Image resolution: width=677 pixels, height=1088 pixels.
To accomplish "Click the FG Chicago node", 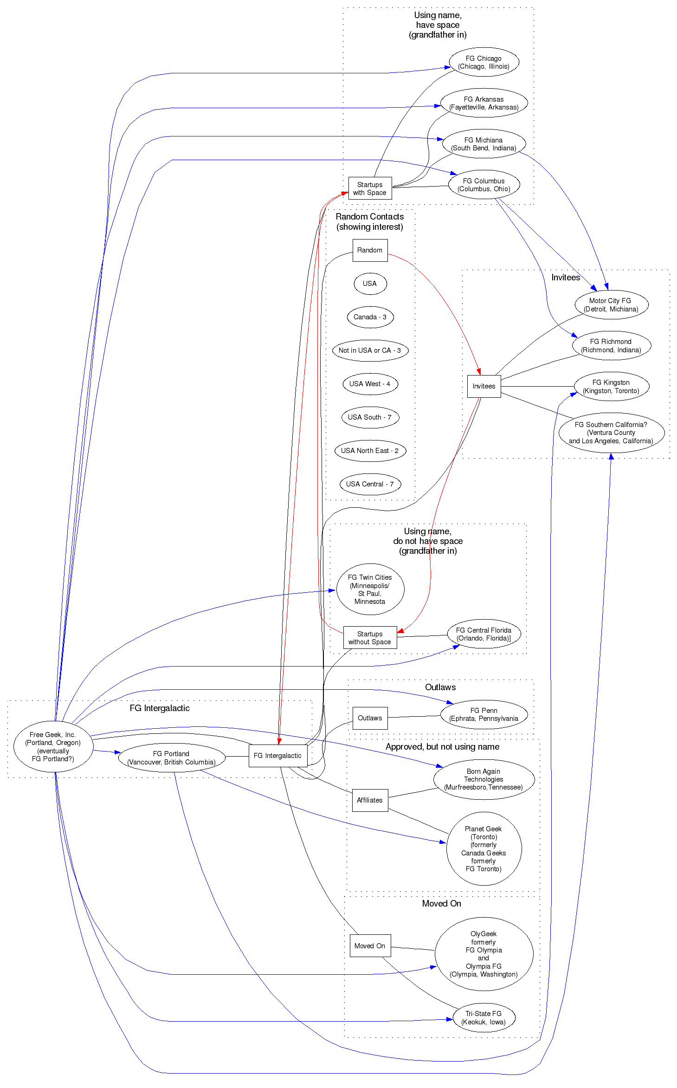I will tap(484, 62).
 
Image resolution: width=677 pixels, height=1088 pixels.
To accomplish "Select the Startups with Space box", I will tap(370, 188).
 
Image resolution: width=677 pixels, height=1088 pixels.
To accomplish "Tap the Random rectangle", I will tap(370, 250).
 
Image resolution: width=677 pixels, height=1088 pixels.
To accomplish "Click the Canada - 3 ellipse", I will tap(370, 317).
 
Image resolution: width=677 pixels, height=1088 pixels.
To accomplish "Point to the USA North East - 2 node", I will tap(370, 451).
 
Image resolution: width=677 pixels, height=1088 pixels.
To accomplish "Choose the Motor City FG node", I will tap(611, 305).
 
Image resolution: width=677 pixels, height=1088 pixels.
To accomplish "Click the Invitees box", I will tap(484, 386).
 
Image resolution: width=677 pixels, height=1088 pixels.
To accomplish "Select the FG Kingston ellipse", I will tap(611, 387).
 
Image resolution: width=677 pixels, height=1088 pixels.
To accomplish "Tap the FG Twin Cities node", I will tap(370, 589).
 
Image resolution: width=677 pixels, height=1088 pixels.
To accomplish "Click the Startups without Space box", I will tap(370, 638).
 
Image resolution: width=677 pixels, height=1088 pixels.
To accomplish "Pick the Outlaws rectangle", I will tap(370, 718).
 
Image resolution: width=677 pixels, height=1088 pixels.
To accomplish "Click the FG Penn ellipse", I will tap(484, 714).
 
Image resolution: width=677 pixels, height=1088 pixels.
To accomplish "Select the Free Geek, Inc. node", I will tap(53, 746).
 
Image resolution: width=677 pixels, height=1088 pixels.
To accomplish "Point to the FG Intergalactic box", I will tap(277, 756).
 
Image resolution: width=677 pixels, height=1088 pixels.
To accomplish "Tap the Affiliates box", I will tap(370, 800).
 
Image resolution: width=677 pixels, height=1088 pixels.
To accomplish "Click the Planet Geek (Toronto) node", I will tap(484, 848).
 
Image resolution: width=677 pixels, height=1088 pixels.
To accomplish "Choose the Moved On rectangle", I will tap(370, 946).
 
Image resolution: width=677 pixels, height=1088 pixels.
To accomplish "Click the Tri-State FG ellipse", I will tap(484, 1018).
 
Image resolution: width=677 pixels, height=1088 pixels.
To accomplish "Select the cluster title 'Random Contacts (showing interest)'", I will tap(370, 222).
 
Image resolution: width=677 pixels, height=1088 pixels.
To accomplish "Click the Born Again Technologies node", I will tap(484, 779).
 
